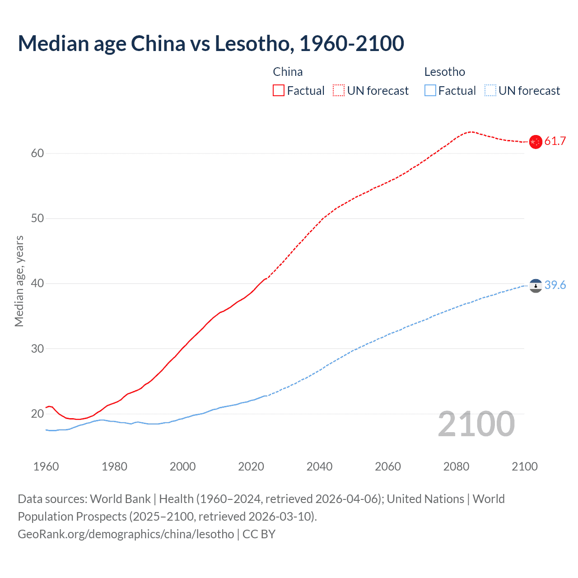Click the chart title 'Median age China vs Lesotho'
[x=210, y=44]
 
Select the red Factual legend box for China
[x=279, y=91]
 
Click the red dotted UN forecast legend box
[x=339, y=91]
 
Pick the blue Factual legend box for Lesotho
[x=430, y=91]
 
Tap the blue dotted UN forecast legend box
[x=490, y=91]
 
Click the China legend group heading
[x=288, y=72]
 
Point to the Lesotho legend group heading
[x=444, y=72]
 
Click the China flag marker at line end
[x=535, y=142]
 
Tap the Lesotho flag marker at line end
[x=535, y=285]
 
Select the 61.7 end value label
[x=555, y=141]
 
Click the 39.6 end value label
[x=555, y=285]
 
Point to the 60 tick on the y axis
[x=37, y=154]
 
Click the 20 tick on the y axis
[x=37, y=414]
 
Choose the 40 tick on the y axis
[x=37, y=284]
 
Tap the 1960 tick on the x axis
[x=46, y=466]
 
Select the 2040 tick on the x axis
[x=319, y=466]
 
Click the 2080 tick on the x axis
[x=456, y=466]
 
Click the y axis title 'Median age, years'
[x=19, y=281]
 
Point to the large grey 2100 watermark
[x=476, y=424]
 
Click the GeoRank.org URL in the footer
[x=126, y=534]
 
